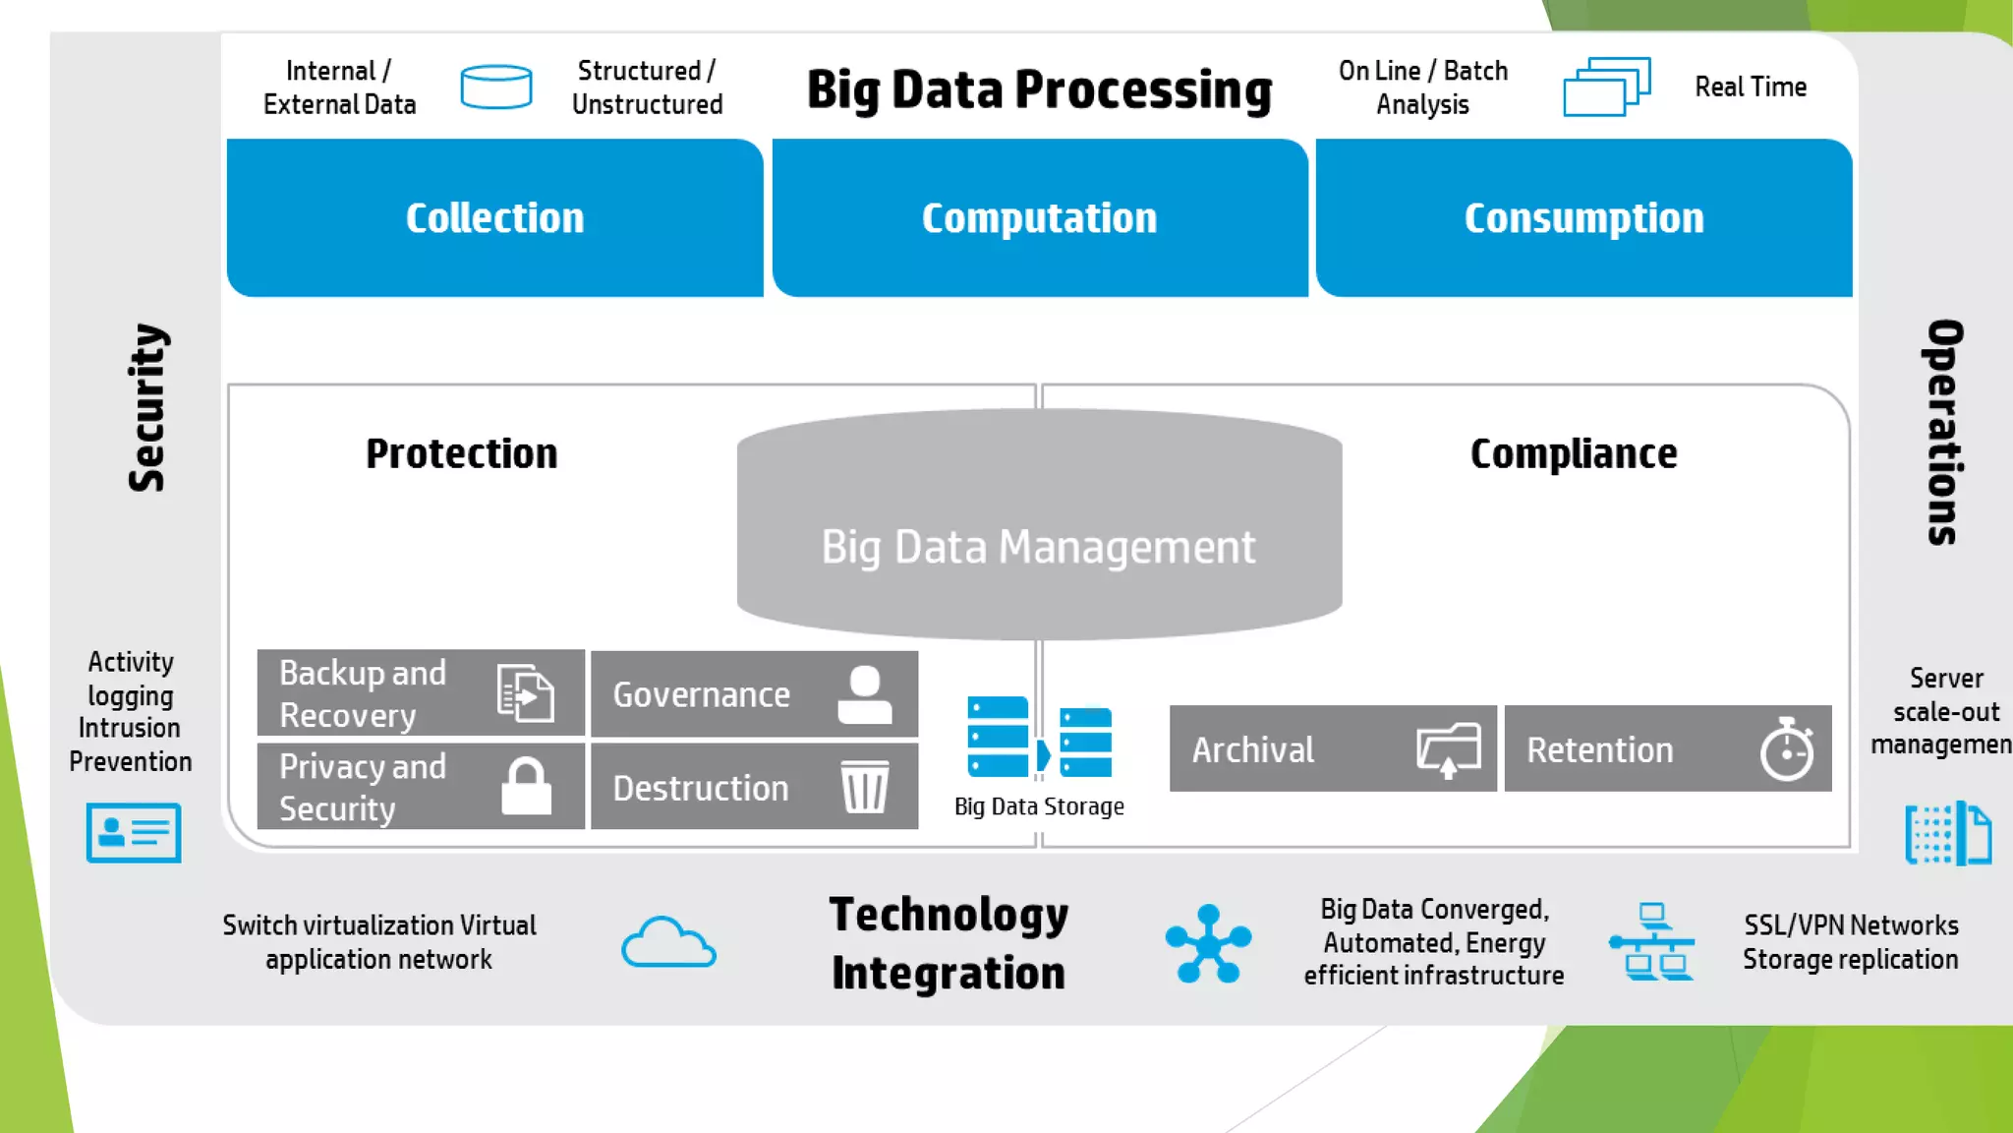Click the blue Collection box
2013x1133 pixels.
tap(494, 217)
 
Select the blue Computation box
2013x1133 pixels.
tap(1039, 217)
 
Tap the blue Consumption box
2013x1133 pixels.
tap(1583, 217)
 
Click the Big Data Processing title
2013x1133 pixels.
tap(1039, 89)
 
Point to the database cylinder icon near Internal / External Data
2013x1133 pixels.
tap(496, 87)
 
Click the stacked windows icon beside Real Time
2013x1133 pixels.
tap(1606, 87)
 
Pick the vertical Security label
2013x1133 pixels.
tap(147, 407)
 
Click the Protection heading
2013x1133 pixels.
tap(461, 453)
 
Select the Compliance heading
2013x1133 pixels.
tap(1573, 453)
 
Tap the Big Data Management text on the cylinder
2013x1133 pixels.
tap(1038, 547)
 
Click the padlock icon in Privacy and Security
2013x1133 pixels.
tap(526, 787)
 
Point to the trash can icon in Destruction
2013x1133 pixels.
tap(865, 787)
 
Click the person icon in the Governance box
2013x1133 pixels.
tap(865, 694)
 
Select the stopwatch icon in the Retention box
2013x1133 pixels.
tap(1786, 749)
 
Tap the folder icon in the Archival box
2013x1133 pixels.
tap(1449, 749)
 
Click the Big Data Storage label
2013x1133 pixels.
tap(1039, 806)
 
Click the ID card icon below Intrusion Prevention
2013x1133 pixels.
tap(134, 833)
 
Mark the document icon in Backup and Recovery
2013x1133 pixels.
tap(525, 693)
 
